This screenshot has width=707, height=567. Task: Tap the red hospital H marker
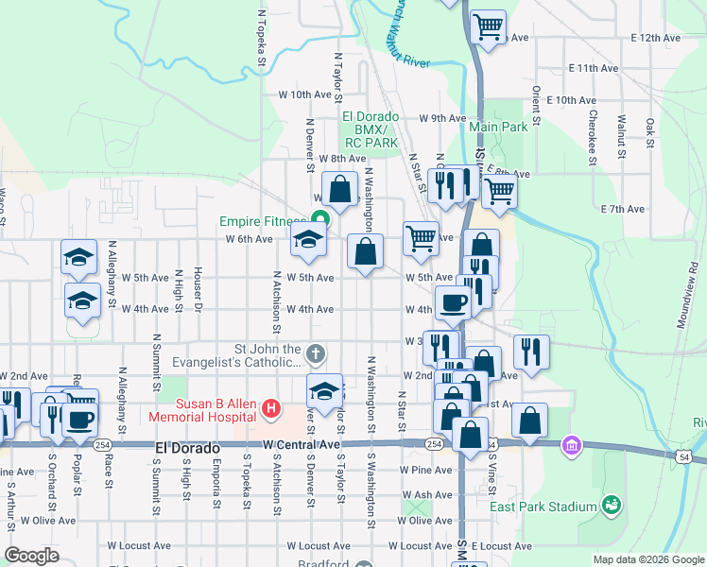click(x=271, y=408)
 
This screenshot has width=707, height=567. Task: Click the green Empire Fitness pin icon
click(x=320, y=221)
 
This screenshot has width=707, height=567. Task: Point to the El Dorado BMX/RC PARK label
click(x=370, y=129)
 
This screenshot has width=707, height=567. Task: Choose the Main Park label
click(x=498, y=127)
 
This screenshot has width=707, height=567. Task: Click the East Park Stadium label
click(x=543, y=507)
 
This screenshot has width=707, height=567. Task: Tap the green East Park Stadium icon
click(x=612, y=506)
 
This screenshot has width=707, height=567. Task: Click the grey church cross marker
click(x=317, y=354)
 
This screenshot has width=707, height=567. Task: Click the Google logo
click(x=32, y=556)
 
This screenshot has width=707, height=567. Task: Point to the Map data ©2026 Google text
click(x=647, y=559)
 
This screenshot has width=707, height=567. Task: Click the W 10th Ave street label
click(x=306, y=94)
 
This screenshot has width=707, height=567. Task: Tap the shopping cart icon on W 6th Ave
click(x=421, y=238)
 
